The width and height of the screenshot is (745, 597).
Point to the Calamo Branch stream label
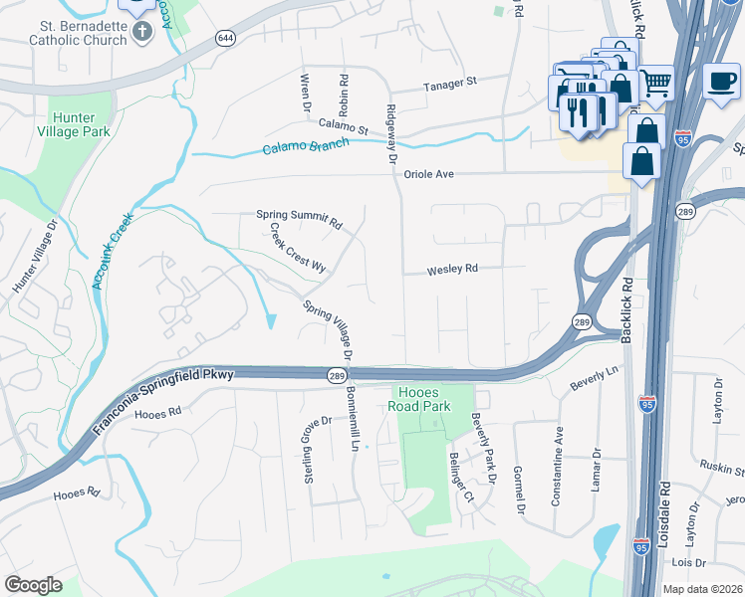(306, 146)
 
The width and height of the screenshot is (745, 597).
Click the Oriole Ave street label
(428, 174)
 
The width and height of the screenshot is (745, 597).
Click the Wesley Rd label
(453, 270)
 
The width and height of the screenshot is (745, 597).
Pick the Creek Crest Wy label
(298, 247)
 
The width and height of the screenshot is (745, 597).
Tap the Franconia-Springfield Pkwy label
(164, 403)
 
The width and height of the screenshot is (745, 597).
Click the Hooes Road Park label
(424, 399)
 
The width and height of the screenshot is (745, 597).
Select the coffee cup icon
(721, 81)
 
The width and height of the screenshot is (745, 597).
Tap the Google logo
(33, 585)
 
